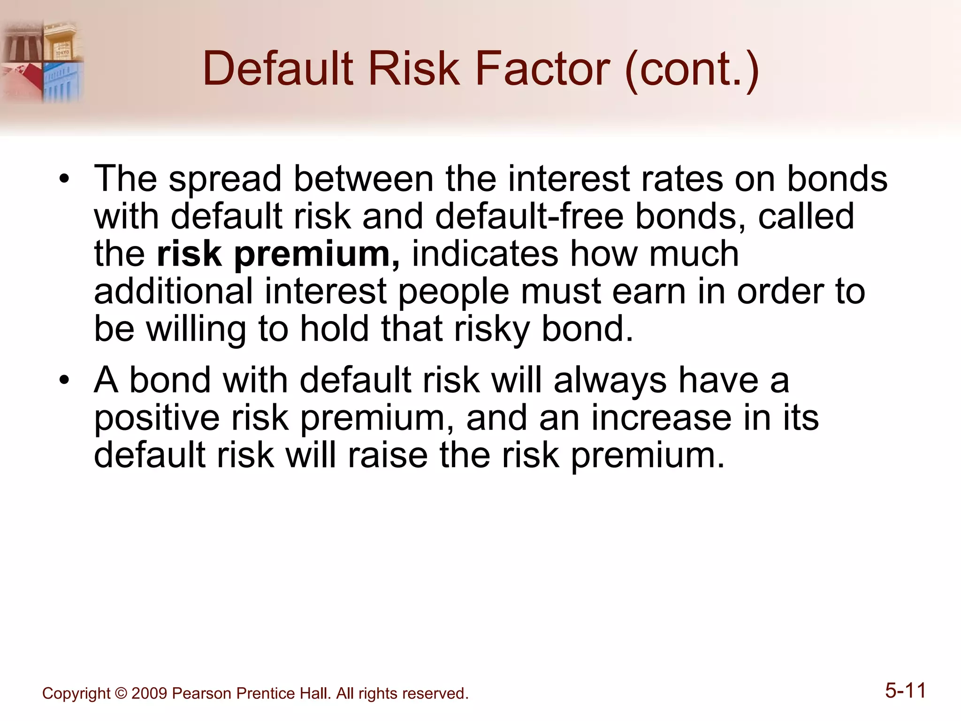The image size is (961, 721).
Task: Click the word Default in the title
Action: click(278, 69)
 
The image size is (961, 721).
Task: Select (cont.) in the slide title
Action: click(692, 70)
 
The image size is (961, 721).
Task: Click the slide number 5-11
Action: click(905, 691)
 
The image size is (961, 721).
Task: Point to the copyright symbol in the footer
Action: click(121, 693)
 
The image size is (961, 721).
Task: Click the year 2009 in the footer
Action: click(149, 693)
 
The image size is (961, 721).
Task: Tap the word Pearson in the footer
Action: click(201, 693)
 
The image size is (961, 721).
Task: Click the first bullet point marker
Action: click(64, 179)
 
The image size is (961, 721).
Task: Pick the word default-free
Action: click(529, 217)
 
